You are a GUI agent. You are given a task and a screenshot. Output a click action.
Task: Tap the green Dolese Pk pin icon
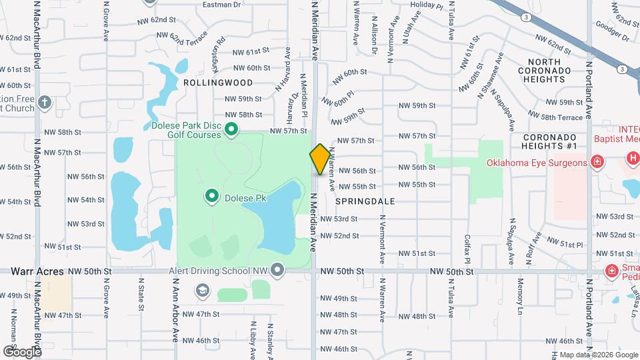click(x=212, y=196)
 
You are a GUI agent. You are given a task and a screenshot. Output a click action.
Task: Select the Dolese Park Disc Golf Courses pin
click(x=231, y=129)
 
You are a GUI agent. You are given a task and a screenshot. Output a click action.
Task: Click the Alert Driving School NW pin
click(x=277, y=269)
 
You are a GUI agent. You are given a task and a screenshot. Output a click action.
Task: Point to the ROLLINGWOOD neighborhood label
click(x=218, y=83)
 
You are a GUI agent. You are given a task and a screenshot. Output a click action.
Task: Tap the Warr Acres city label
click(x=37, y=271)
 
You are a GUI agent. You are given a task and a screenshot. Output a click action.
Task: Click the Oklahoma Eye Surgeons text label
click(x=536, y=163)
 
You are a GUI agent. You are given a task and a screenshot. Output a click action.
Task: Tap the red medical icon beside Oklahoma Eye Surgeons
click(x=597, y=161)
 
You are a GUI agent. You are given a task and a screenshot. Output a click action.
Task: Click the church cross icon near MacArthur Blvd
click(x=45, y=103)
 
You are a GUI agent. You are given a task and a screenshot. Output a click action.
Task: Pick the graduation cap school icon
click(x=201, y=291)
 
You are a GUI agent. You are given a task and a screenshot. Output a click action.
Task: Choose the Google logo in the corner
click(x=22, y=351)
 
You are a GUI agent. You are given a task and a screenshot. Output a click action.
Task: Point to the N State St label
click(x=142, y=294)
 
